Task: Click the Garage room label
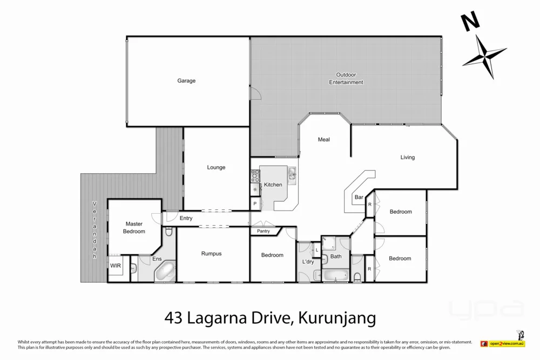[x=186, y=81]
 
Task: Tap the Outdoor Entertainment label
[x=346, y=79]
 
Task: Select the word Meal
[x=323, y=140]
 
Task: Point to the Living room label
[x=407, y=158]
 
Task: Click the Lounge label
[x=216, y=167]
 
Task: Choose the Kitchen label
[x=273, y=185]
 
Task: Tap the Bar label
[x=359, y=198]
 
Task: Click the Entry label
[x=186, y=218]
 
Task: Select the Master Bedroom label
[x=134, y=227]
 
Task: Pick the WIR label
[x=116, y=266]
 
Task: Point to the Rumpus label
[x=211, y=254]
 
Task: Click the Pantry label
[x=264, y=232]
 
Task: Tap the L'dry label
[x=308, y=262]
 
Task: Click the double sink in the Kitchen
[x=292, y=173]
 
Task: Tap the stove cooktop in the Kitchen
[x=255, y=174]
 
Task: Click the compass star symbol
[x=484, y=57]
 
